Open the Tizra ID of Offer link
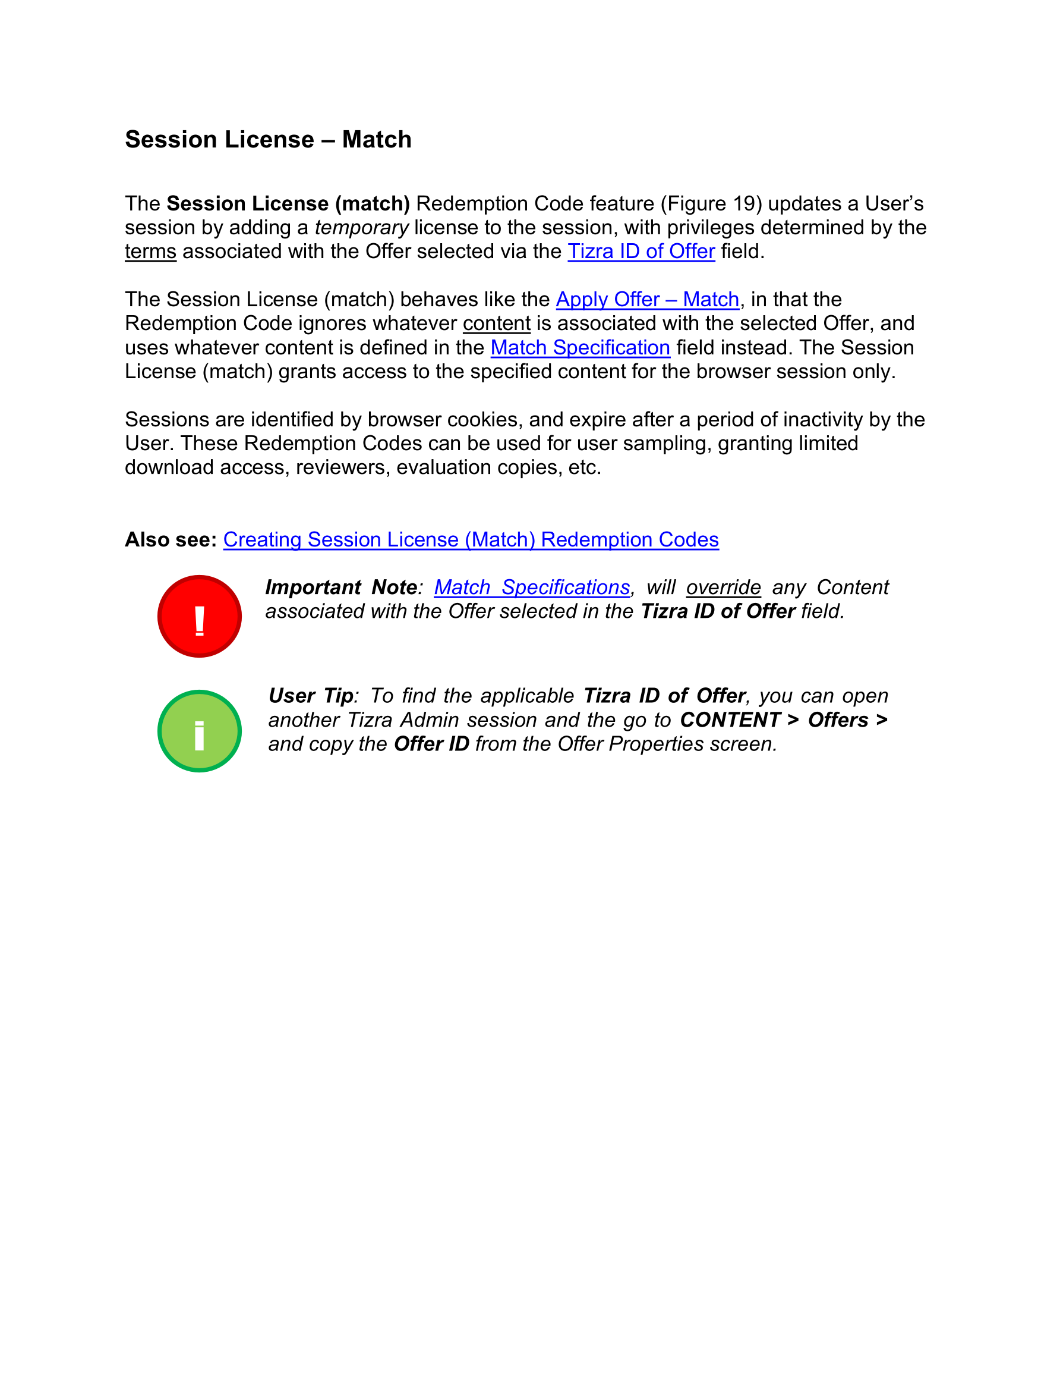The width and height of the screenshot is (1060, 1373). point(641,252)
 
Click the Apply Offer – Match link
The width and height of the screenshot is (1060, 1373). point(647,300)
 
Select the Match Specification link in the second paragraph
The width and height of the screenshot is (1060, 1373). point(580,348)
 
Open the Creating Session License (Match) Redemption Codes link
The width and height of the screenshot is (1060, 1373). point(471,539)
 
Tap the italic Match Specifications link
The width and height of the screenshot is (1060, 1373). point(532,587)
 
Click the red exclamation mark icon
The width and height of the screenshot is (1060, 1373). point(199,616)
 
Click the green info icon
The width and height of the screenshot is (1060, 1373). point(199,731)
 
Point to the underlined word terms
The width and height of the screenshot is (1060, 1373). point(150,252)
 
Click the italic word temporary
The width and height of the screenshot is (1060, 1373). point(361,228)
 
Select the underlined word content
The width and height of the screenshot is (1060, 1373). point(496,323)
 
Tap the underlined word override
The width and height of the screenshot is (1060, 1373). point(723,587)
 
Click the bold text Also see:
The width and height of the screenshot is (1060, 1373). point(171,539)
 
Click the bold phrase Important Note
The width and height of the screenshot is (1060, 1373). point(341,587)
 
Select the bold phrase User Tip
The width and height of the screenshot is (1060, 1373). point(311,696)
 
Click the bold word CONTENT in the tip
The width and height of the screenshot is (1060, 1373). point(730,720)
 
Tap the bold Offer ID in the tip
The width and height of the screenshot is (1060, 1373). point(431,744)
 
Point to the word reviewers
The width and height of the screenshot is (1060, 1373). point(340,468)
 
